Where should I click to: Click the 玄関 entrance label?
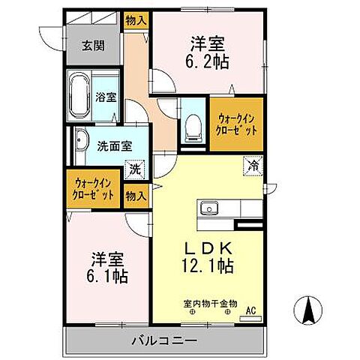click(94, 45)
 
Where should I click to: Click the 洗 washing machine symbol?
click(134, 169)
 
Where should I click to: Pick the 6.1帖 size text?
click(110, 275)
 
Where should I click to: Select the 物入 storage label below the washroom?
click(136, 196)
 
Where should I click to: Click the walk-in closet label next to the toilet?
click(237, 124)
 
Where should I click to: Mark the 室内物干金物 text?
click(210, 304)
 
